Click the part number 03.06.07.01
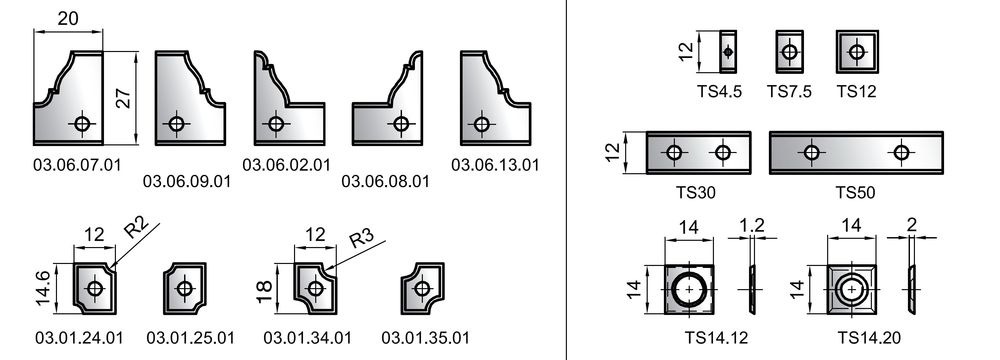tap(77, 165)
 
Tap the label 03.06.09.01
tap(186, 181)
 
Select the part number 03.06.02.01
tap(286, 165)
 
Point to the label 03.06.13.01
tap(495, 165)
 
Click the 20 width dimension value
tap(68, 19)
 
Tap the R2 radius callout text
tap(135, 228)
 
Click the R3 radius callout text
tap(361, 240)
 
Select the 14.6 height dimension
tap(43, 289)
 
